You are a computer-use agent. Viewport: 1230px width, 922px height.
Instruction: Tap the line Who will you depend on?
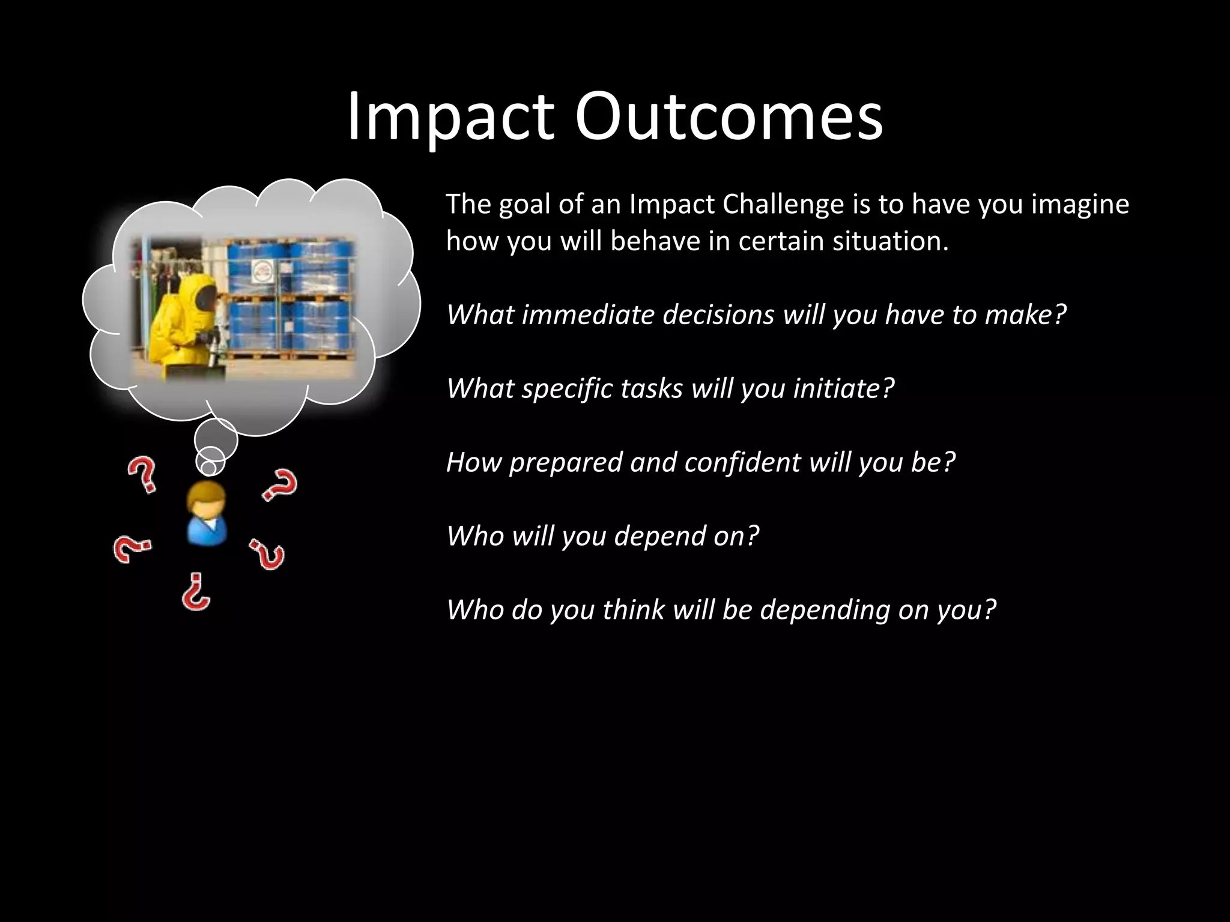602,536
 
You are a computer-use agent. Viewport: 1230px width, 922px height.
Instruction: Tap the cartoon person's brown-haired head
206,499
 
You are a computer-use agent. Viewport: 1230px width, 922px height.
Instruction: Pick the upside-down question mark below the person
196,592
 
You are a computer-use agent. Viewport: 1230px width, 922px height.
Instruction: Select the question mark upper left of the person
142,474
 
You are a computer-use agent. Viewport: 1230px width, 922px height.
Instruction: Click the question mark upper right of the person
280,485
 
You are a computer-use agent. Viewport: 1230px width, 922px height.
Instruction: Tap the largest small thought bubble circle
216,439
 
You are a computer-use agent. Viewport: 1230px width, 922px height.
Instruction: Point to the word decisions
718,315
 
